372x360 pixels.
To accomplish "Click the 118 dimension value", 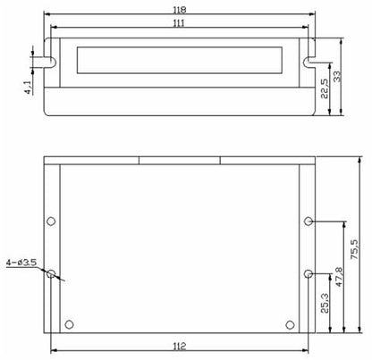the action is point(180,10).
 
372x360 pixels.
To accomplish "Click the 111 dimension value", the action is point(179,23).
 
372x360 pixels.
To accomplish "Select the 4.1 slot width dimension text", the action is point(28,88).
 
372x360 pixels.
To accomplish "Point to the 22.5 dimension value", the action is point(324,88).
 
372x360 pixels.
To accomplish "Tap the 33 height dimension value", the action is point(336,76).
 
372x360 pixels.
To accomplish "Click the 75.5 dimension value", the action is point(355,249).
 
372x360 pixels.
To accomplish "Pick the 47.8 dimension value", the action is point(339,277).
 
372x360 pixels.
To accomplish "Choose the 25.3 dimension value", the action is point(325,303).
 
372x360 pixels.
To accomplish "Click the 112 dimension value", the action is point(180,346).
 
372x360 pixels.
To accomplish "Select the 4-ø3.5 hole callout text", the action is point(21,263).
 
